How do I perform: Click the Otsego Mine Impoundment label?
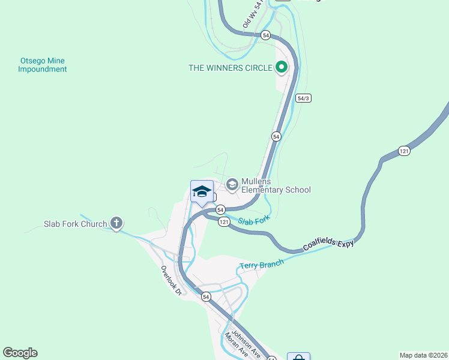point(42,65)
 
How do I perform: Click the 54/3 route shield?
point(304,98)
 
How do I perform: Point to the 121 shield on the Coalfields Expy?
point(404,151)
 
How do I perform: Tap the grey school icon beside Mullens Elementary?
point(232,184)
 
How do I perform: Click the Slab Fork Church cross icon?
point(116,224)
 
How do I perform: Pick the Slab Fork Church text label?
point(75,224)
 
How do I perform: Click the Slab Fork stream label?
point(254,220)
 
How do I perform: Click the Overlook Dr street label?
point(170,281)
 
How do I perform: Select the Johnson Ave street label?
point(246,342)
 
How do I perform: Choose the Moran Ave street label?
point(236,346)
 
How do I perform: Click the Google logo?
point(20,353)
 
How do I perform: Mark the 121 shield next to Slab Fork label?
point(224,222)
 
